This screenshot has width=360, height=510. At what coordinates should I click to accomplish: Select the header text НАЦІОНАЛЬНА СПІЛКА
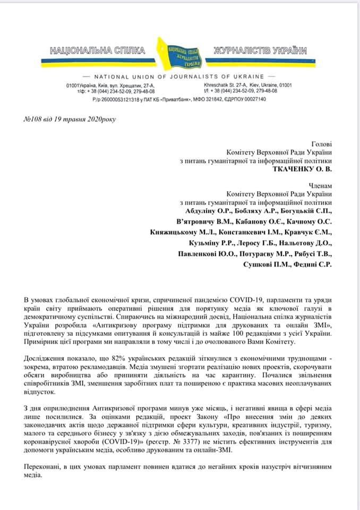click(x=98, y=51)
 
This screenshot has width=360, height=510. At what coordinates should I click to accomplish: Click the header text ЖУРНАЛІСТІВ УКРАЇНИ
click(x=260, y=51)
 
